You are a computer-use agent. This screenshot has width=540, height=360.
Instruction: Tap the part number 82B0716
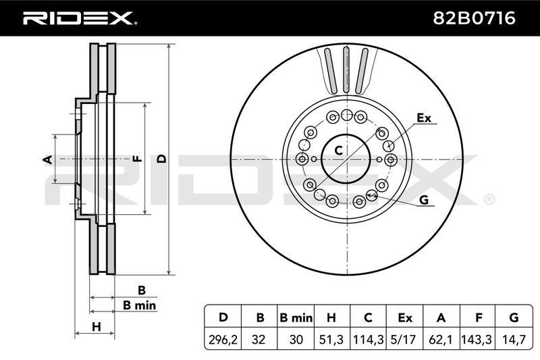(x=474, y=18)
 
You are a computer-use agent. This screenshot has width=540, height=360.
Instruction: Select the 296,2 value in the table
(x=223, y=340)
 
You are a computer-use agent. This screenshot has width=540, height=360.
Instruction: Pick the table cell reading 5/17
(x=404, y=340)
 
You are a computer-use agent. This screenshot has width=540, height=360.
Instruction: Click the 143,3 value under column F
(x=478, y=340)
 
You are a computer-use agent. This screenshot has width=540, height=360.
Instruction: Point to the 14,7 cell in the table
(x=514, y=340)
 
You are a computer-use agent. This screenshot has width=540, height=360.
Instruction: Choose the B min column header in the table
(x=296, y=317)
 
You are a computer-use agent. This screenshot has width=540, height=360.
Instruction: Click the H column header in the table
(x=331, y=317)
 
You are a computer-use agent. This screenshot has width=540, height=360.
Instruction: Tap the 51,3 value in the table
(x=331, y=340)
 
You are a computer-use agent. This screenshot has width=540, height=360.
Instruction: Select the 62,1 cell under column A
(x=441, y=340)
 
